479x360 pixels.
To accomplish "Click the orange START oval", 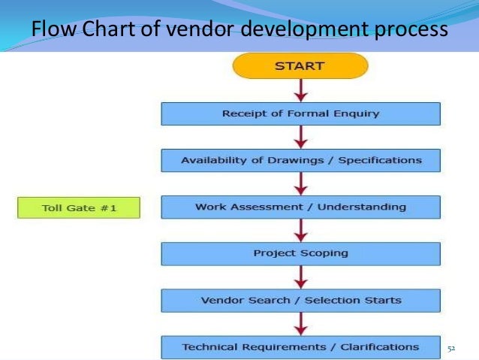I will pos(300,66).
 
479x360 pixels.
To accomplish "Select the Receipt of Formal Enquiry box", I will pos(300,113).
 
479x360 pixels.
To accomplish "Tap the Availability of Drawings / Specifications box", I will pos(300,160).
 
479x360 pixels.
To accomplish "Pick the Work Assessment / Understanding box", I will pos(300,207).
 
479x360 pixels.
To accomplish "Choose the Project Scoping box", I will pos(300,253).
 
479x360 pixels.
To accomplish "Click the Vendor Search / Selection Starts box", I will pos(300,301).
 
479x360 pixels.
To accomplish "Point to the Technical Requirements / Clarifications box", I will pos(300,347).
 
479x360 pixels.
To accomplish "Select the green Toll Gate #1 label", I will pos(79,207).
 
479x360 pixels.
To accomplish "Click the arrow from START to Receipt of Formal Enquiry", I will pos(300,90).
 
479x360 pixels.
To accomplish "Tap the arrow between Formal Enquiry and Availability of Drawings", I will pos(300,137).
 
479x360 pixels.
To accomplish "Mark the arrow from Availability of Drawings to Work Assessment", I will pos(300,183).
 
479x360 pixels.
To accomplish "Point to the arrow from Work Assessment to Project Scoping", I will pos(300,230).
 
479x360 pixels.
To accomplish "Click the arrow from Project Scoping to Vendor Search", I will pos(300,277).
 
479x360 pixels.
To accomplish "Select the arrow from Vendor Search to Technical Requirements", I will pos(300,324).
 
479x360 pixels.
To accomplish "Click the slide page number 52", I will pos(452,348).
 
